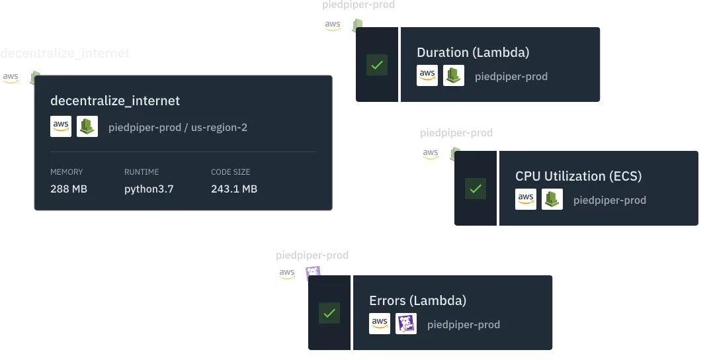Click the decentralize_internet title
[x=115, y=101]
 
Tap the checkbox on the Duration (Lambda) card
[x=377, y=66]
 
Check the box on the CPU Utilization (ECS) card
[x=475, y=188]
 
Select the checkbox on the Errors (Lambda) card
[x=329, y=312]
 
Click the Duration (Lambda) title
[x=473, y=53]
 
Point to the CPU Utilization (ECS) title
[x=578, y=176]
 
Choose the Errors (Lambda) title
[x=417, y=300]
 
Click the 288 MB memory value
[x=69, y=189]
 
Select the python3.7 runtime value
[x=149, y=189]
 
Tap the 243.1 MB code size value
[x=234, y=189]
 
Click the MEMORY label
[x=67, y=172]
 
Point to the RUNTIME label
[x=142, y=172]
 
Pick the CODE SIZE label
[x=231, y=172]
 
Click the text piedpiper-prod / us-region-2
[x=178, y=127]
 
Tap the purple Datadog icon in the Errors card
[x=406, y=324]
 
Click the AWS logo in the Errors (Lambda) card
[x=380, y=324]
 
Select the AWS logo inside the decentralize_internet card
[x=61, y=126]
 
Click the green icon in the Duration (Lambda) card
[x=454, y=75]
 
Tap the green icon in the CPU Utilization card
[x=552, y=199]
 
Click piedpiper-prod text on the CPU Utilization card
[x=610, y=200]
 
